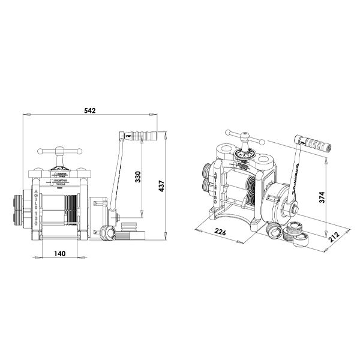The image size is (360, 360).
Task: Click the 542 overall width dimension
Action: click(x=91, y=110)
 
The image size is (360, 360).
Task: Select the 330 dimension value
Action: click(x=137, y=177)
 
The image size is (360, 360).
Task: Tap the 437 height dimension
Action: click(x=161, y=187)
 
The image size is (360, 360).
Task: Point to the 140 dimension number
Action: click(x=59, y=254)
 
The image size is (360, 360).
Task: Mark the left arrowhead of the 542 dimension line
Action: click(x=24, y=115)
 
